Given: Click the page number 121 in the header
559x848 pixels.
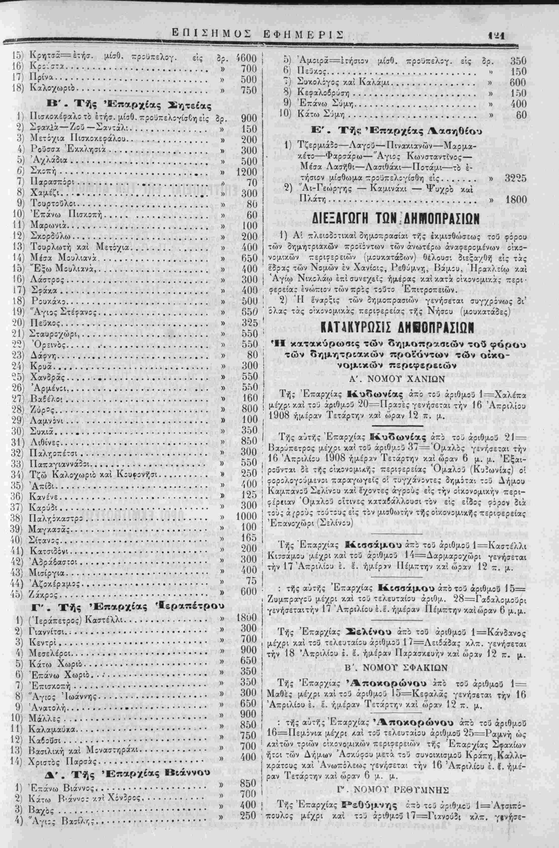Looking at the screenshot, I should click(495, 36).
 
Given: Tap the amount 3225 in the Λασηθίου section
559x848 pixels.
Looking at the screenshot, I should click(516, 178).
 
